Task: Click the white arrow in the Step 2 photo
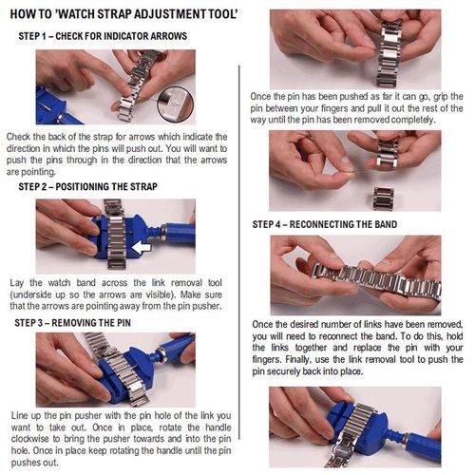[x=142, y=247]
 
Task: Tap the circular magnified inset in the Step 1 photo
[x=175, y=104]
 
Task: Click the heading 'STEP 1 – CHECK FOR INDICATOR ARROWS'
[x=103, y=36]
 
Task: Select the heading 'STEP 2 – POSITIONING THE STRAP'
[x=87, y=186]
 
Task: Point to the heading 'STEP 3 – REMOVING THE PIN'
[x=72, y=323]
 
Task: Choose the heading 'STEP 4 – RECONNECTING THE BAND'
[x=325, y=224]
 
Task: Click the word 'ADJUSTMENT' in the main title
[x=171, y=14]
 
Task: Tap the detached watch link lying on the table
[x=384, y=199]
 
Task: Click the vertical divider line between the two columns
[x=239, y=252]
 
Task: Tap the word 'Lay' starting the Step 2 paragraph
[x=16, y=283]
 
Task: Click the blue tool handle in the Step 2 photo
[x=179, y=234]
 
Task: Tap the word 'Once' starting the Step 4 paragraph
[x=263, y=325]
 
